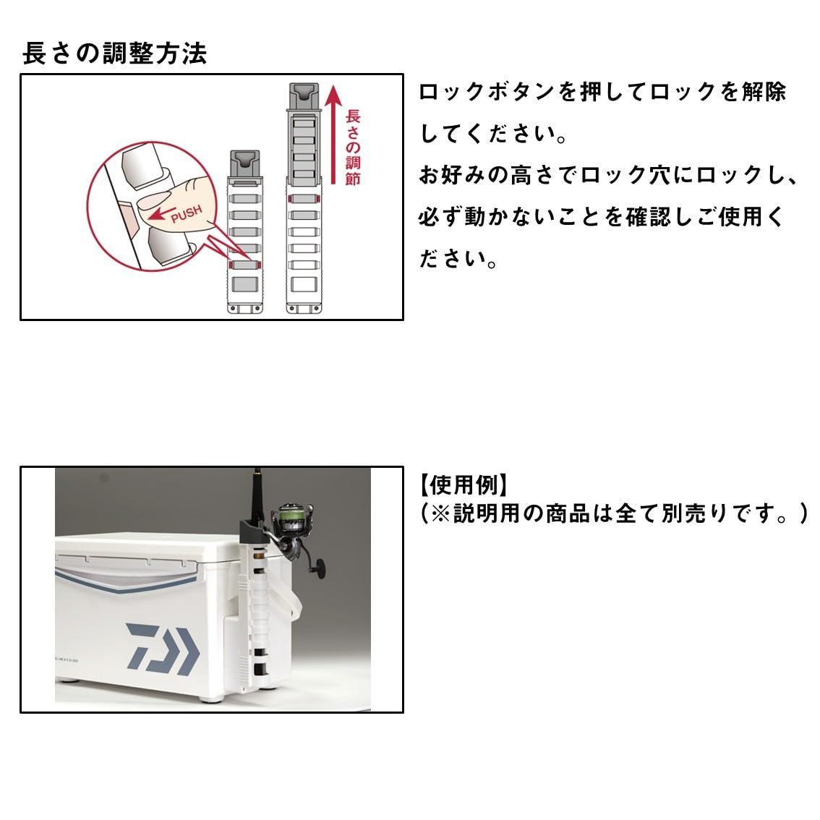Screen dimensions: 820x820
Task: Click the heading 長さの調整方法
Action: point(114,54)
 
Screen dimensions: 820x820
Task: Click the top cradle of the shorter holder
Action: point(244,162)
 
